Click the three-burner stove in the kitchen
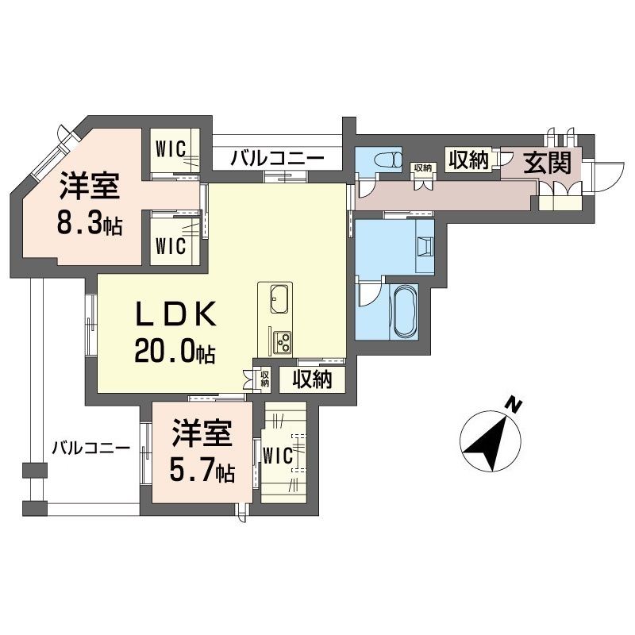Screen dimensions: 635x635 (x=281, y=341)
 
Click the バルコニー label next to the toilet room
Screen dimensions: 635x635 (x=277, y=158)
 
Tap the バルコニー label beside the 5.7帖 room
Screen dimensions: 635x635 (x=90, y=448)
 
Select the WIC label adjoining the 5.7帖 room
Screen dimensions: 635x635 (x=279, y=456)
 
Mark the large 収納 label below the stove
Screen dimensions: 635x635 (x=311, y=379)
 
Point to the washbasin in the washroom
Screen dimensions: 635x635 (x=424, y=246)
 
